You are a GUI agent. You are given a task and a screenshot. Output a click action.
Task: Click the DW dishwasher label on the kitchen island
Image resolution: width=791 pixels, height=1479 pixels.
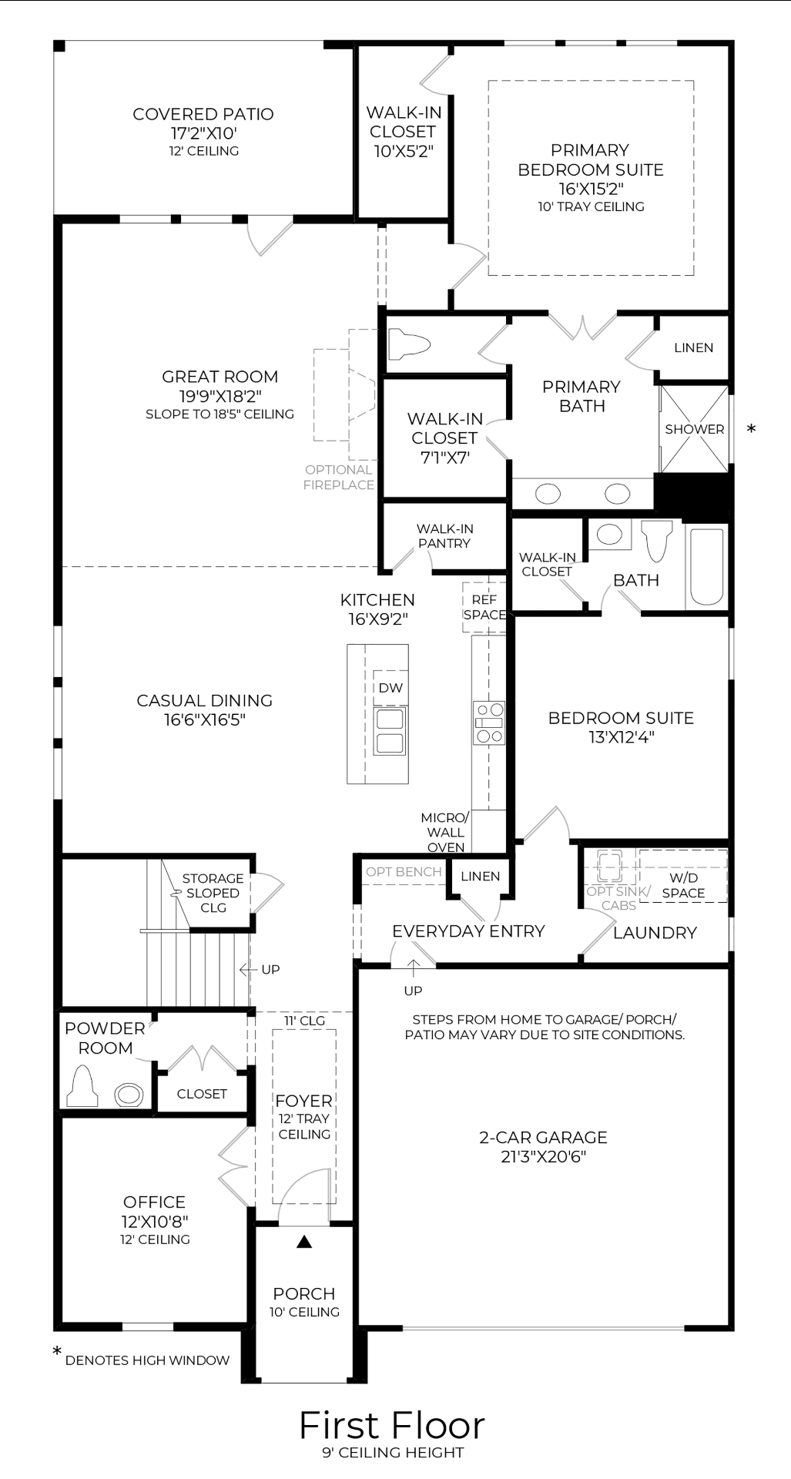click(x=390, y=688)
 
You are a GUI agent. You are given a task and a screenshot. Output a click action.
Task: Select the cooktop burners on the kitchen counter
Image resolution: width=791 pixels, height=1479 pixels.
click(x=488, y=723)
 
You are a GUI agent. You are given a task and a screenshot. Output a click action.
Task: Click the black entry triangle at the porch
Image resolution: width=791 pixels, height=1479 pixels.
click(x=304, y=1242)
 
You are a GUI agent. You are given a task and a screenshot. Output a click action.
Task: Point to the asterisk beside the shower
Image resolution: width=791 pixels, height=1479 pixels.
click(x=751, y=429)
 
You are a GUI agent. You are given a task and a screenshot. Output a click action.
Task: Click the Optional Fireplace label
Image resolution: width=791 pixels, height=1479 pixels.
click(x=338, y=477)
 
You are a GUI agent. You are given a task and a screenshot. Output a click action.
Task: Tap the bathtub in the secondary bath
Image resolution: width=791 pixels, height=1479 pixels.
click(x=706, y=566)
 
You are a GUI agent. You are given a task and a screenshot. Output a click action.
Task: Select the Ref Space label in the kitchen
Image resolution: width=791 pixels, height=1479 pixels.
click(x=484, y=607)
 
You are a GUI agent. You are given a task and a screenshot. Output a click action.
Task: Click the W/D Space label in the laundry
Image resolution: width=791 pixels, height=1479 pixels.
click(x=683, y=885)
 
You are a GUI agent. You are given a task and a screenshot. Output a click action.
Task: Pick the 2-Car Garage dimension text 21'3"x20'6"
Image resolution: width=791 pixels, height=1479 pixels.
click(x=543, y=1156)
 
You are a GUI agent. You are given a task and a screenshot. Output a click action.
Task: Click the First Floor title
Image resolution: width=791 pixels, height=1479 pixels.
click(x=391, y=1425)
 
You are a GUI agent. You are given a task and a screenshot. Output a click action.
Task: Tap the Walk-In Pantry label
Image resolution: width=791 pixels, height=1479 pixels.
click(x=444, y=536)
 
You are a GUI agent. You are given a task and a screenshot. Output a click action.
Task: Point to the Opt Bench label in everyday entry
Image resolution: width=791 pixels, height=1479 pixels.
click(x=404, y=872)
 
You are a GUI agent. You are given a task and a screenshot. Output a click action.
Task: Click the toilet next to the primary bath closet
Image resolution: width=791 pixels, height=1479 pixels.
click(x=408, y=344)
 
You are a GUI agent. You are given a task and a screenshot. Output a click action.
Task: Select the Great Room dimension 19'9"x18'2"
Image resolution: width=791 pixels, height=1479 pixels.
click(x=220, y=396)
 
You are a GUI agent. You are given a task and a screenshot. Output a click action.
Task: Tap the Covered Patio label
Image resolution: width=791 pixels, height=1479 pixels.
click(x=203, y=114)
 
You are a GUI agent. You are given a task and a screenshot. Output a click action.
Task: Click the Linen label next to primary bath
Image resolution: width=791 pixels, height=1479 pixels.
click(x=693, y=347)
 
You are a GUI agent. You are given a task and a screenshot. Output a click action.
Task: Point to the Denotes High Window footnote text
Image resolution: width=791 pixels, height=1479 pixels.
click(x=147, y=1360)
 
